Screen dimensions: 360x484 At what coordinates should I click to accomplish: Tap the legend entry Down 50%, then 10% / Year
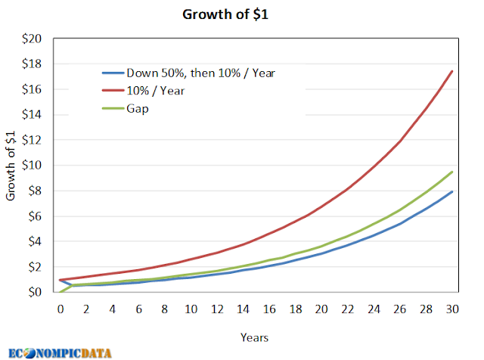click(200, 73)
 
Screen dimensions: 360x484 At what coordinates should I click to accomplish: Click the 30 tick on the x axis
click(452, 309)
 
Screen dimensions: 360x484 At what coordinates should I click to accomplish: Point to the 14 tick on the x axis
click(244, 309)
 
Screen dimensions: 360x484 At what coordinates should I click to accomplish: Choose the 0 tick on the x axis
click(60, 309)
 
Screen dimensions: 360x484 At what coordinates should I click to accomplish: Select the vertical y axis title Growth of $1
click(11, 166)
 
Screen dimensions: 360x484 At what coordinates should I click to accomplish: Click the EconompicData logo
click(60, 352)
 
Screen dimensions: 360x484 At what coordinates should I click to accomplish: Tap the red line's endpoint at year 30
click(452, 71)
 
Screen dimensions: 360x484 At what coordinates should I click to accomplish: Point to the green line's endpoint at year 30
click(452, 172)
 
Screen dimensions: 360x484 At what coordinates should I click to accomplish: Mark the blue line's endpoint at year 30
click(452, 191)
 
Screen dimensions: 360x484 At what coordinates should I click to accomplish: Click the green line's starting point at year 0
click(60, 292)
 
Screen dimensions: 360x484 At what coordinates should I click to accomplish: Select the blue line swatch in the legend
click(113, 73)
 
